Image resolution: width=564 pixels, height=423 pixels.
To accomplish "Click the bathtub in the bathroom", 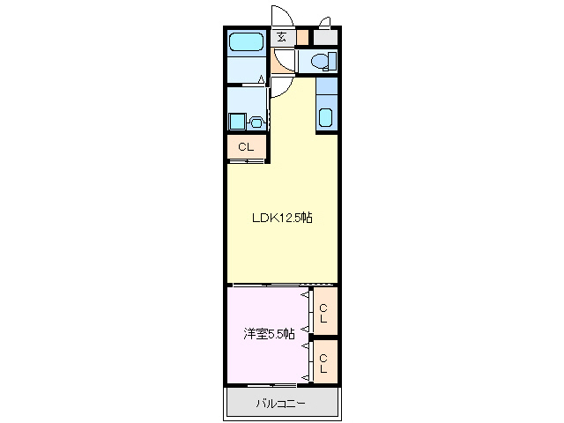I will pyautogui.click(x=246, y=41).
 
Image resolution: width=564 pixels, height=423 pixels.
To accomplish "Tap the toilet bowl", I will pyautogui.click(x=322, y=61).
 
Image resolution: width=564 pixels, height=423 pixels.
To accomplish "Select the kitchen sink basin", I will pyautogui.click(x=324, y=117).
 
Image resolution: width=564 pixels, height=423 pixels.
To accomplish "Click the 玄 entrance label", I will pyautogui.click(x=281, y=37).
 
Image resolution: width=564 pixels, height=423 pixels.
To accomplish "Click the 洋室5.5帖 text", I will pyautogui.click(x=270, y=335).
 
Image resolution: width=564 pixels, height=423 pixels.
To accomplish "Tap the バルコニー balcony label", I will pyautogui.click(x=281, y=404).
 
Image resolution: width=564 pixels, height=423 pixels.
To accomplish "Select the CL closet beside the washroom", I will pyautogui.click(x=246, y=147).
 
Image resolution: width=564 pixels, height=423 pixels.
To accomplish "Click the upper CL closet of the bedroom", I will pyautogui.click(x=324, y=312).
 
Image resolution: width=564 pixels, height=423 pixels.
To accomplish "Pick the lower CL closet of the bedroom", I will pyautogui.click(x=324, y=362).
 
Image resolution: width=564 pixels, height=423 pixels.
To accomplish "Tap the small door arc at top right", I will pyautogui.click(x=324, y=23).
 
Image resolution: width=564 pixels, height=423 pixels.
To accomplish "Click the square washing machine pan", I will pyautogui.click(x=237, y=122).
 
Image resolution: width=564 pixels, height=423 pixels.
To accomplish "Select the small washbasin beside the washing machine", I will pyautogui.click(x=256, y=122).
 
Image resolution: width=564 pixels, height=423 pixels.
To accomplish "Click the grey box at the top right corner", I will pyautogui.click(x=325, y=38).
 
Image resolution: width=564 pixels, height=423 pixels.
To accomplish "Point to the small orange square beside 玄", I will pyautogui.click(x=302, y=38).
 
